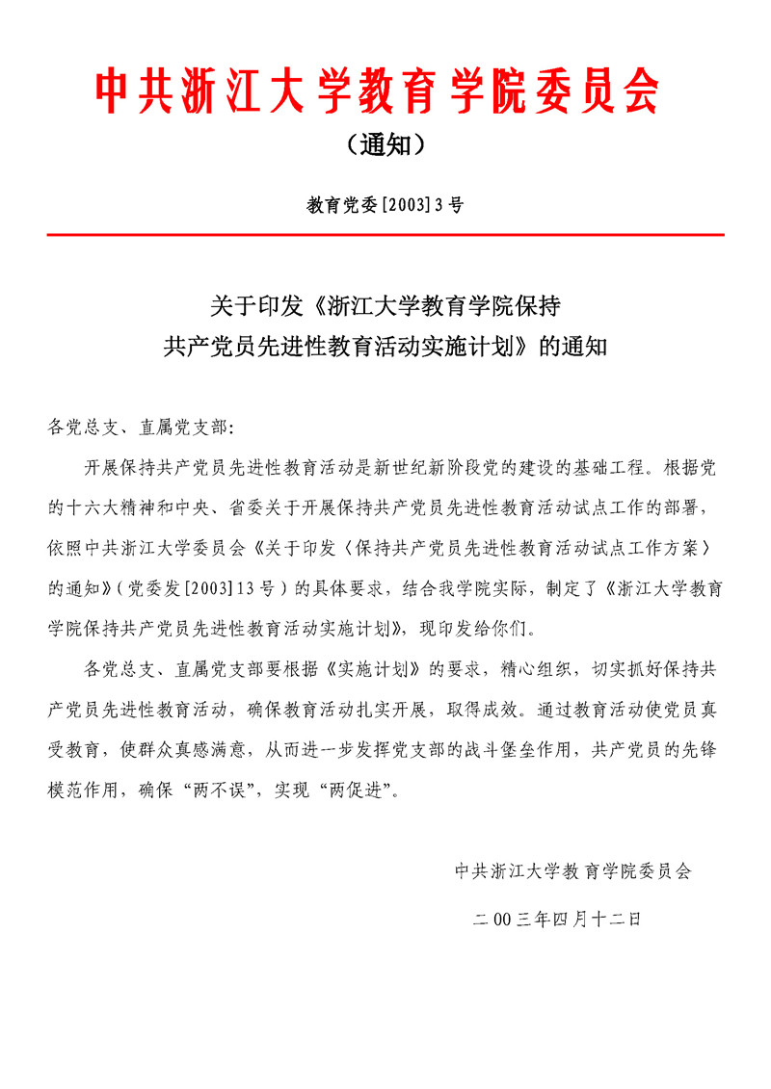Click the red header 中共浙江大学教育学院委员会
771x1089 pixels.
377,93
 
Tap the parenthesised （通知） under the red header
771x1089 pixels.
385,146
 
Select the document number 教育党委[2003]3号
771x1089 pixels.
385,204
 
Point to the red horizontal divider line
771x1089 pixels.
385,234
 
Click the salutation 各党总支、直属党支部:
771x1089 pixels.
140,426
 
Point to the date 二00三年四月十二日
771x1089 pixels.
557,920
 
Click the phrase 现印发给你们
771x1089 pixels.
474,630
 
